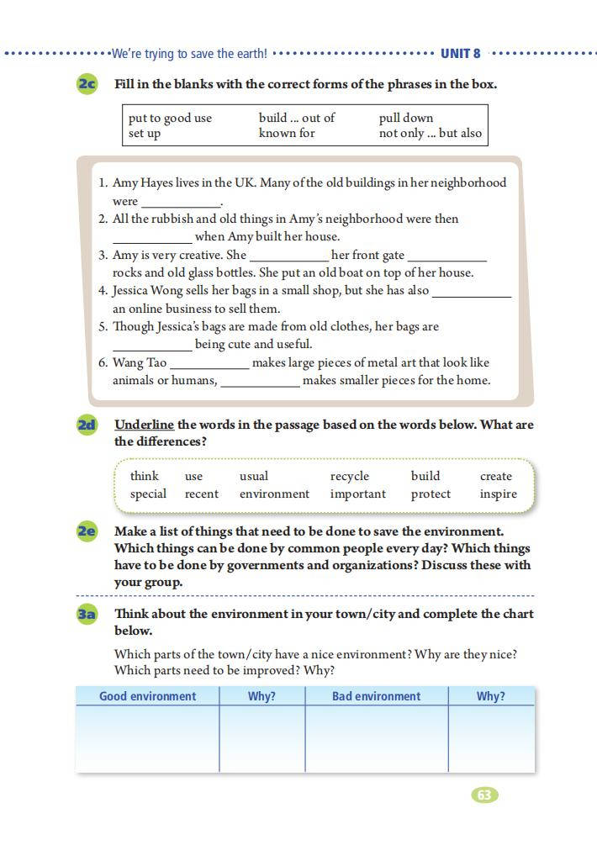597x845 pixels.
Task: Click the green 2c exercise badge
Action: tap(87, 84)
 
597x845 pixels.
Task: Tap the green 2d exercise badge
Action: tap(87, 425)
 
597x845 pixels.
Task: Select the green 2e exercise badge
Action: tap(87, 531)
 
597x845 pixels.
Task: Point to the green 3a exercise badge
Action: tap(87, 614)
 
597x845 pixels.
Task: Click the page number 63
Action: tap(484, 795)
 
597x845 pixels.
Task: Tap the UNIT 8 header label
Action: tap(461, 53)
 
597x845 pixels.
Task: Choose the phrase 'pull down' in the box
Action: tap(406, 118)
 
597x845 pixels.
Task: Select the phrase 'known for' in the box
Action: tap(287, 133)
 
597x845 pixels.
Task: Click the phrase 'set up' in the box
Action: tap(145, 133)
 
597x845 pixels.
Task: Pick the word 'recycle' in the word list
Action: tap(350, 476)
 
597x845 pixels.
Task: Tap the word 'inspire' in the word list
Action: tap(499, 494)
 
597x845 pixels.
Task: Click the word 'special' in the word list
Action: tap(148, 494)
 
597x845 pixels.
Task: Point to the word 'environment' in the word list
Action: tap(274, 494)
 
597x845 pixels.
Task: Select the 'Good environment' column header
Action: tap(147, 696)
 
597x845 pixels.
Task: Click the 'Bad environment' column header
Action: tap(376, 696)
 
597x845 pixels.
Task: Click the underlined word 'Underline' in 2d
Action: tap(144, 425)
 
